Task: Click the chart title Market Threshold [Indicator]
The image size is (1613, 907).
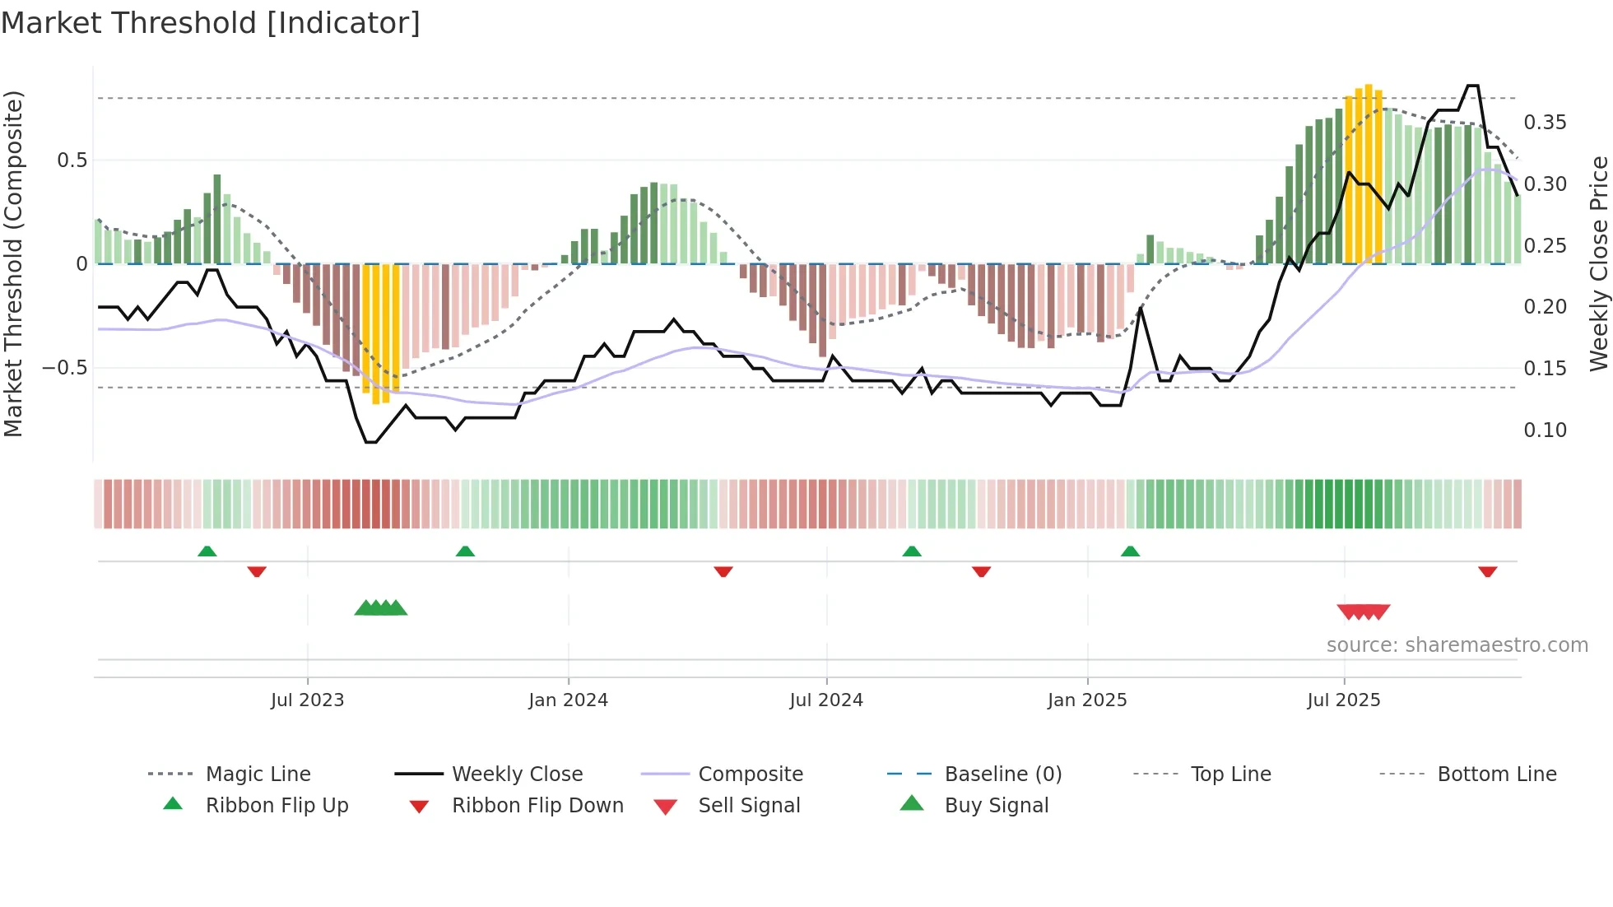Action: tap(211, 23)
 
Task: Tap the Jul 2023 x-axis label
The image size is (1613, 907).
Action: tap(307, 700)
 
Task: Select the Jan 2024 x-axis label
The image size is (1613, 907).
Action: tap(568, 700)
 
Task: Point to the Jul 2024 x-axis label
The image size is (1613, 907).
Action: tap(826, 700)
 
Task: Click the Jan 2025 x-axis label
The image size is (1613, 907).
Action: tap(1087, 700)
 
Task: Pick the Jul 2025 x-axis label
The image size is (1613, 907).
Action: tap(1344, 700)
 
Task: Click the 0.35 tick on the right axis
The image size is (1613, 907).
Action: tap(1545, 123)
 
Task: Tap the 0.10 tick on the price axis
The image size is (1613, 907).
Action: tap(1545, 430)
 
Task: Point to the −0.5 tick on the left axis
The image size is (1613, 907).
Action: tap(64, 367)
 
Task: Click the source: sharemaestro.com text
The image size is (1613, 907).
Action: tap(1457, 645)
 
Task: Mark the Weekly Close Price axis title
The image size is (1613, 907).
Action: tap(1598, 263)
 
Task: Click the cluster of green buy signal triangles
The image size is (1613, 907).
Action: tap(381, 608)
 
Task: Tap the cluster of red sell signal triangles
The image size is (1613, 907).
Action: tap(1364, 612)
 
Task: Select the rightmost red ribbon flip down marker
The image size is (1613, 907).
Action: tap(1487, 571)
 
